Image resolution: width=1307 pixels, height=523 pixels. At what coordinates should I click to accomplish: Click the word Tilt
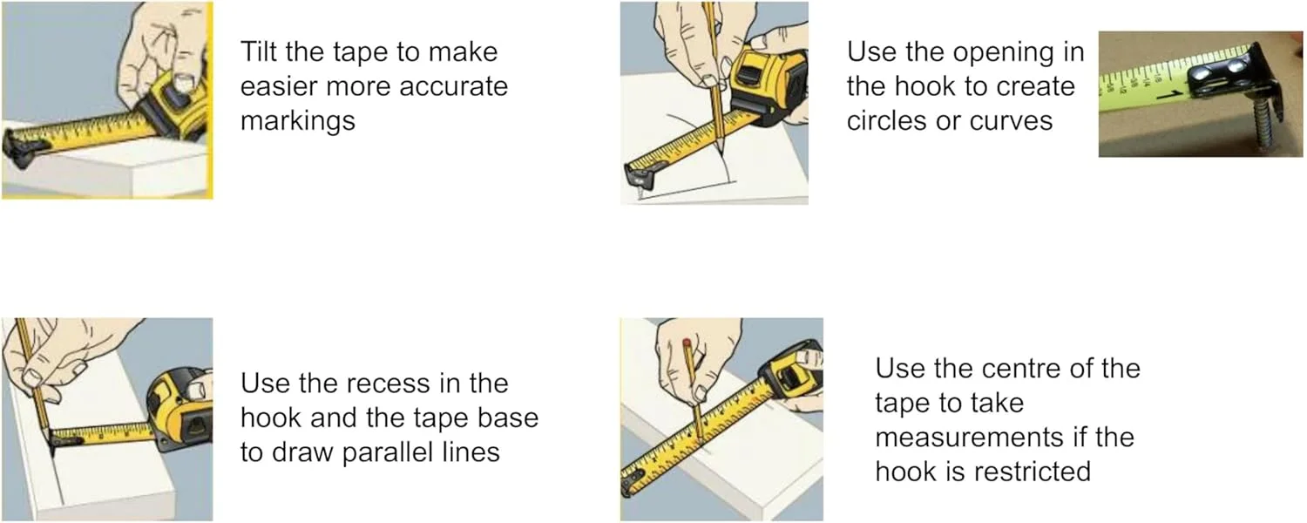(x=259, y=51)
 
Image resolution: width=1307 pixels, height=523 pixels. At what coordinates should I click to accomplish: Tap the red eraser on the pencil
(x=687, y=343)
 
